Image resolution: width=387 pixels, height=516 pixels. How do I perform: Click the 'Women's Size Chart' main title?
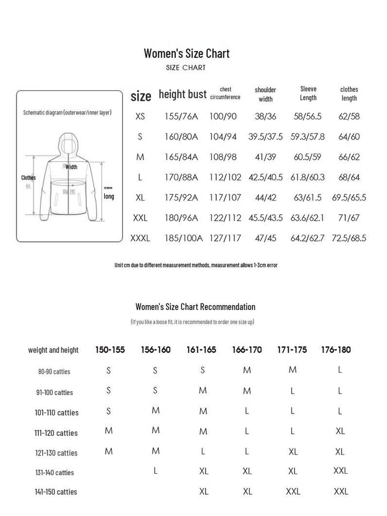coord(186,53)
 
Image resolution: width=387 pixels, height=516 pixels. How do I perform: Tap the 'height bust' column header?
coord(182,94)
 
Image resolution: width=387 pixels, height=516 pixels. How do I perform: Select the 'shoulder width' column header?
coord(266,94)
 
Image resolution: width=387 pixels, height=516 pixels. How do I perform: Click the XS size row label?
coord(140,116)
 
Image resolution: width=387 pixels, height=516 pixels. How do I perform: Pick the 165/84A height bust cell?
coord(181,157)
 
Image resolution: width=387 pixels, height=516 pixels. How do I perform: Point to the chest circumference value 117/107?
coord(225,198)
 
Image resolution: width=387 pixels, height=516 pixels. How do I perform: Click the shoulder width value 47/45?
coord(266,238)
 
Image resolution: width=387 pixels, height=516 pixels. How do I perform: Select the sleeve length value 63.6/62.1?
coord(307,218)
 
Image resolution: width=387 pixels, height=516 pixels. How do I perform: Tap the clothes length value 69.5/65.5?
coord(349,198)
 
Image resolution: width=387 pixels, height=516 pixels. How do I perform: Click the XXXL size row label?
coord(140,238)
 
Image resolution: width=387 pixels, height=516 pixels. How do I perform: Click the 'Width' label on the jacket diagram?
coord(72,167)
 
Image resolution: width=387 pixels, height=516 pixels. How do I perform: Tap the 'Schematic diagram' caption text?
coord(68,112)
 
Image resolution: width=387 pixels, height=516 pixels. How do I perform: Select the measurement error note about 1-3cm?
coord(196,265)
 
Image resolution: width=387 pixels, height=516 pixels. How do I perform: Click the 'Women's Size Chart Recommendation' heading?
coord(196,307)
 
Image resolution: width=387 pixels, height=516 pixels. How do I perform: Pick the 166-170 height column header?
coord(247,350)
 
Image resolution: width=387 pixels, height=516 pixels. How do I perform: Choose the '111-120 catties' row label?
coord(56,433)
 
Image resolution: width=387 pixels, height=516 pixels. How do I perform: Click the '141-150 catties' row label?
coord(56,492)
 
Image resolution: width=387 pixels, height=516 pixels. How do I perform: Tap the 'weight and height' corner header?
coord(53,350)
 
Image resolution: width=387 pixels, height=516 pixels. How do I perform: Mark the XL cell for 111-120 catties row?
coord(340,431)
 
